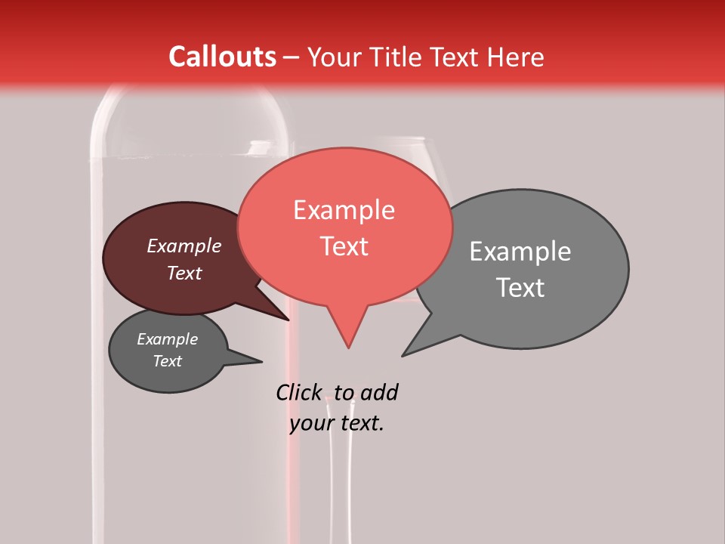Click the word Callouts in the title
tap(222, 57)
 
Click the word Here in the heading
tap(515, 57)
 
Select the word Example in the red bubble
tap(344, 209)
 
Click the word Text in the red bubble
tap(344, 246)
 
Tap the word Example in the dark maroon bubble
tap(184, 246)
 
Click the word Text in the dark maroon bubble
tap(184, 273)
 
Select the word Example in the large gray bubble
tap(520, 251)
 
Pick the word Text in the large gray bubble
tap(520, 287)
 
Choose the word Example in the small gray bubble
tap(167, 339)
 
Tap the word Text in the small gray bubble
tap(168, 361)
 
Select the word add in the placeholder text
tap(378, 392)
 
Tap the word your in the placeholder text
tap(309, 423)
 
